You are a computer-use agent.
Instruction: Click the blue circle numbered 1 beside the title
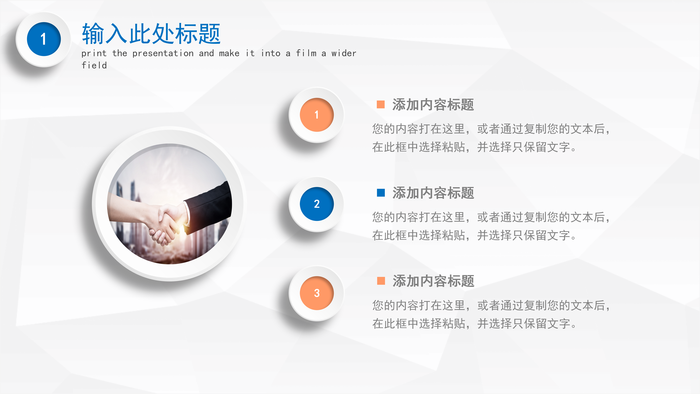point(44,39)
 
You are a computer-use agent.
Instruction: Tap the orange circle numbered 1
point(317,115)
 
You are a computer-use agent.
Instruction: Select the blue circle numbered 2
point(317,204)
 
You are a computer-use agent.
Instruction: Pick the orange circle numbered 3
point(317,293)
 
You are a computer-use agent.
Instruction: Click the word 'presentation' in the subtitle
point(163,53)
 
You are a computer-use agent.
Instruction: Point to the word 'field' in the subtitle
point(94,65)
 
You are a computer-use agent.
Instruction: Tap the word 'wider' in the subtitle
point(344,53)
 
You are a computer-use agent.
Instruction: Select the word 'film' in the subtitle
point(306,53)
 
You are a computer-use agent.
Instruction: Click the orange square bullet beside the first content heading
point(381,104)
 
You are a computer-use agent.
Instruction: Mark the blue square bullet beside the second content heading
point(381,193)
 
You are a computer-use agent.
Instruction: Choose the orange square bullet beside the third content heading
point(381,281)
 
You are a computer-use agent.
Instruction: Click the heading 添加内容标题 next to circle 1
point(433,105)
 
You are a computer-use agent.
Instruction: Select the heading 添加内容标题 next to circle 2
point(433,193)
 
